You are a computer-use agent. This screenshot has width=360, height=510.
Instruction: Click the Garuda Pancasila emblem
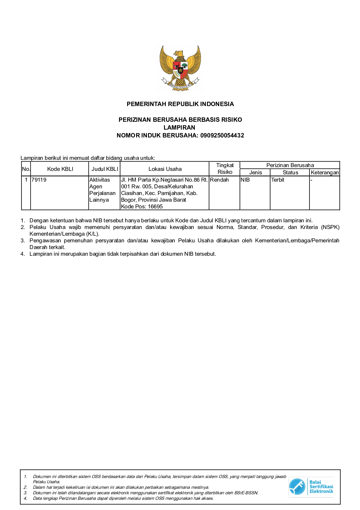180,68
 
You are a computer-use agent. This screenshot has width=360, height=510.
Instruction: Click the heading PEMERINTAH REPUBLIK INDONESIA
180,104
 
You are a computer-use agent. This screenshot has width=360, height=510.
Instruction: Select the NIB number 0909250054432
222,135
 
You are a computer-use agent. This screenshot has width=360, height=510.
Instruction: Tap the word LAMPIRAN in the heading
179,128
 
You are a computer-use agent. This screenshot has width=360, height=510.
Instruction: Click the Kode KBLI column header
60,169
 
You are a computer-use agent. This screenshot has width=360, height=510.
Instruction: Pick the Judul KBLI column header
105,169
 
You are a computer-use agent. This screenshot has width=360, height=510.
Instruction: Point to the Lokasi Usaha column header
165,169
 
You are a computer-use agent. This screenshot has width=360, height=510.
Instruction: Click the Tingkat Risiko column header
225,169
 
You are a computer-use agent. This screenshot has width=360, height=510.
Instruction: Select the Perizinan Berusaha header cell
290,165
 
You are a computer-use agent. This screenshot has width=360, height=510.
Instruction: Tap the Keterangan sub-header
325,173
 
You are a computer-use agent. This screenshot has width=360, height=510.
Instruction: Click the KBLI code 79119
39,180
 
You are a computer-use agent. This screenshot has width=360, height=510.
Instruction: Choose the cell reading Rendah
219,180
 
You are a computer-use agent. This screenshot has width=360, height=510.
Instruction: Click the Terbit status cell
278,180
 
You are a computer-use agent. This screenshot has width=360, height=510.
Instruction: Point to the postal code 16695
155,207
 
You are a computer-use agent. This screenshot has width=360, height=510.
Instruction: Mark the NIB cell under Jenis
245,180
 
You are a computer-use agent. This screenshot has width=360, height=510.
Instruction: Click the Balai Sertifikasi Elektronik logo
311,487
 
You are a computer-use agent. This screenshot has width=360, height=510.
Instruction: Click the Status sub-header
290,173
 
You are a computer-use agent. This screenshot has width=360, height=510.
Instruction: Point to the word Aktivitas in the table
100,180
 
